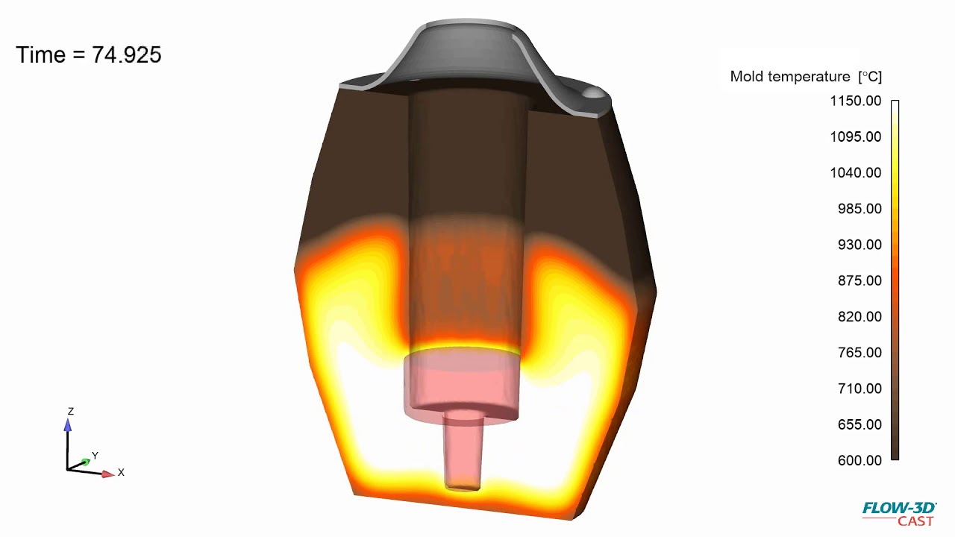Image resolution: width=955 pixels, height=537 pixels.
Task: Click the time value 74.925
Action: [x=126, y=55]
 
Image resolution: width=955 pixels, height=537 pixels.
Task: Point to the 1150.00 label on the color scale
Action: [x=856, y=101]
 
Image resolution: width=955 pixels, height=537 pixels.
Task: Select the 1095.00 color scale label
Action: [x=856, y=136]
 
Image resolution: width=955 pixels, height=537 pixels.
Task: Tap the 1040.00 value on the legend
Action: [x=856, y=172]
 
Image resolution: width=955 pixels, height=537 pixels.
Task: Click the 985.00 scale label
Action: [x=859, y=209]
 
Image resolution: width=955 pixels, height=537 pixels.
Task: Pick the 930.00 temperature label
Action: [x=859, y=245]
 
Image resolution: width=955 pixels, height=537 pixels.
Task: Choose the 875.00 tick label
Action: [x=859, y=280]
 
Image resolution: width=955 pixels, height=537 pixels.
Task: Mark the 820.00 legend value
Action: [x=859, y=316]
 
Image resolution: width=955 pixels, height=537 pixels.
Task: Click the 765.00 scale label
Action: [x=859, y=352]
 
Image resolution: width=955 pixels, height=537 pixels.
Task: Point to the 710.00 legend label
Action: [x=859, y=389]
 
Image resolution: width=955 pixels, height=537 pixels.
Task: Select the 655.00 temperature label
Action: [x=859, y=424]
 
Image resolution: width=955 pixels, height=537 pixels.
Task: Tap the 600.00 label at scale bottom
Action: [x=859, y=460]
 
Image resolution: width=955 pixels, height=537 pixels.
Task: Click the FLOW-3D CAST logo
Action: [x=900, y=514]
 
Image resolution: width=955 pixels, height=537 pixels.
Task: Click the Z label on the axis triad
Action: [x=71, y=412]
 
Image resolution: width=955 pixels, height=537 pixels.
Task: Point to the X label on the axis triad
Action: [x=121, y=473]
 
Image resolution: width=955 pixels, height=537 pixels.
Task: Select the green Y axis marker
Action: [x=86, y=463]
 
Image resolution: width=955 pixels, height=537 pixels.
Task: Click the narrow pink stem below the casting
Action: [x=463, y=451]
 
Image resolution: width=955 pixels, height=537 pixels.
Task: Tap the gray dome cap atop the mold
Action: [x=466, y=52]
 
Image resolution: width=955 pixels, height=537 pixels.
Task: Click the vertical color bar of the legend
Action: [x=895, y=280]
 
